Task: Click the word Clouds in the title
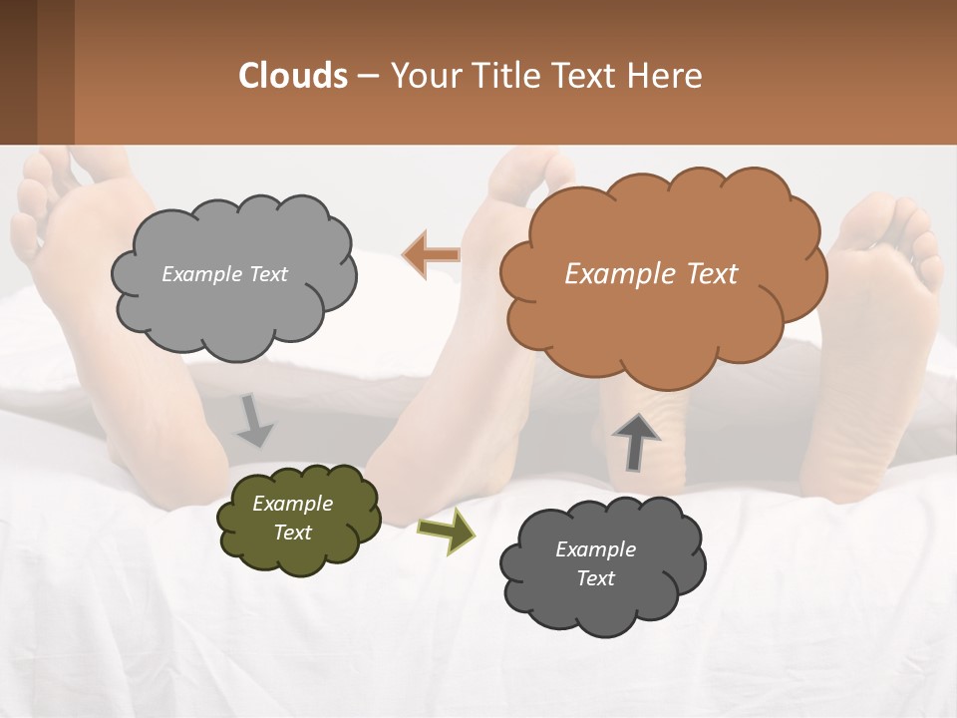coord(293,76)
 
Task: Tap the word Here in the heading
coord(665,76)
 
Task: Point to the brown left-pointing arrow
coord(432,255)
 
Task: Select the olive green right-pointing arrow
coord(446,530)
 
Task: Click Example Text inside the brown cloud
coord(651,274)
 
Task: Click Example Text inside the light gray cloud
coord(224,274)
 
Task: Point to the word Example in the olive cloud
coord(292,504)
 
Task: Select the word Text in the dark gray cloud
coord(595,578)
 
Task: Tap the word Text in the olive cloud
coord(292,533)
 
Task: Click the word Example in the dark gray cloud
coord(595,549)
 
